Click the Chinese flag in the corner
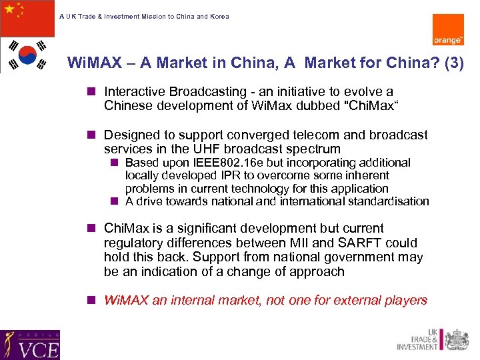point(27,18)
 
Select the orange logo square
point(448,30)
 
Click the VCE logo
point(30,345)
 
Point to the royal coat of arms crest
point(456,339)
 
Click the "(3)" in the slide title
point(453,63)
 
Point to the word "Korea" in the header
point(219,16)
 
